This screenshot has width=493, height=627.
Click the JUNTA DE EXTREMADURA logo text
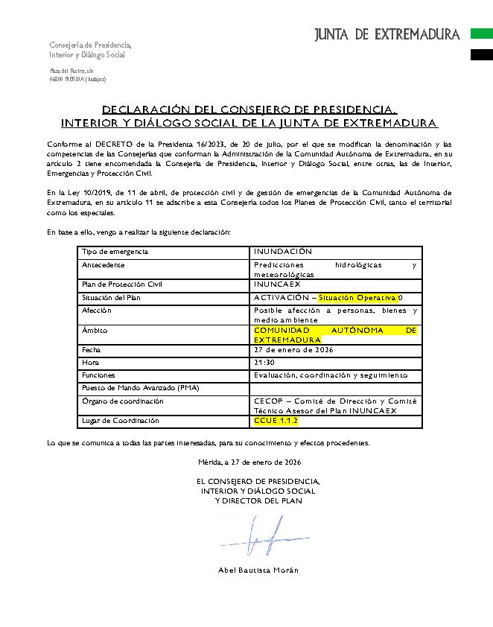click(387, 34)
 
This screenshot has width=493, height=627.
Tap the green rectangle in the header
click(481, 34)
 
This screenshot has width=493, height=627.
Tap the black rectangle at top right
click(481, 54)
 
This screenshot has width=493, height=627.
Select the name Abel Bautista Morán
click(258, 570)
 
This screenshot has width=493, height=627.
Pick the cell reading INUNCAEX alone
click(277, 284)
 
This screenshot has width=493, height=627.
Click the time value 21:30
click(264, 363)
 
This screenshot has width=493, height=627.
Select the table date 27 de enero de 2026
click(293, 350)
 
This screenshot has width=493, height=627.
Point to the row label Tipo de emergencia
click(115, 252)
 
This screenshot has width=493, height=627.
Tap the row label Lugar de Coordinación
click(120, 421)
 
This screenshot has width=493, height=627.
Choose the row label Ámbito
click(95, 330)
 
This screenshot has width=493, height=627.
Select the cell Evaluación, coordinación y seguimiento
click(330, 375)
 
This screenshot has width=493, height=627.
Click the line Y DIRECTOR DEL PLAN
click(258, 500)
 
